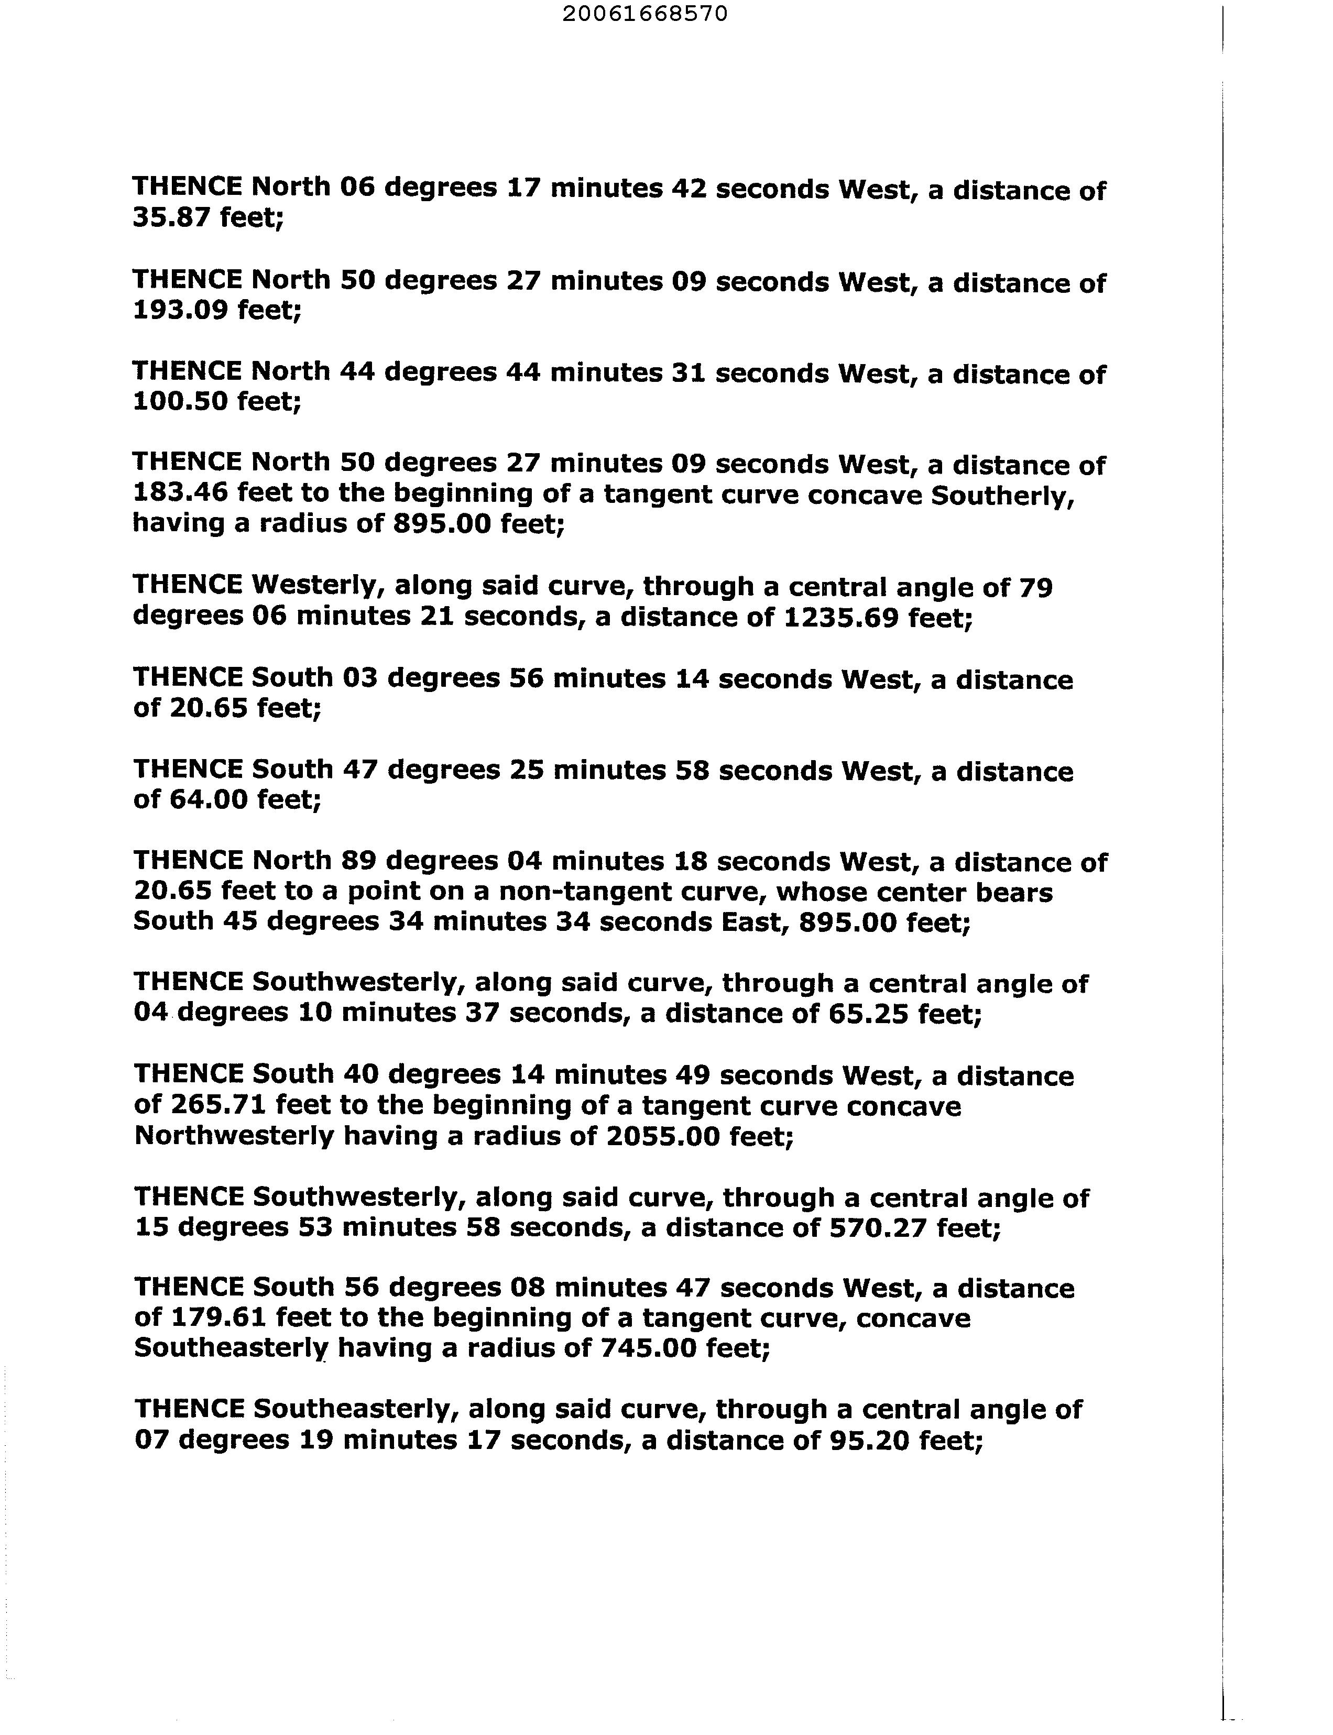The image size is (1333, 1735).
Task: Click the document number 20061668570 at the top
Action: tap(644, 14)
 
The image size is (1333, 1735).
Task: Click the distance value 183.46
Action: tap(180, 493)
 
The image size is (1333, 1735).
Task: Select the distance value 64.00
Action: tap(208, 799)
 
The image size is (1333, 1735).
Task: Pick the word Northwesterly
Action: tap(234, 1136)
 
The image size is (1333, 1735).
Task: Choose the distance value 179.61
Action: tap(218, 1317)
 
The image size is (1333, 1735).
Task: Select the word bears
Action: tap(1014, 892)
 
